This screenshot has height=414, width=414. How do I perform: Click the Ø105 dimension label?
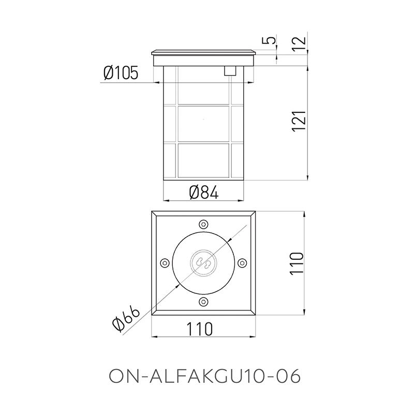coord(121,74)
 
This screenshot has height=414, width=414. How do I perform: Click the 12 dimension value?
coord(300,42)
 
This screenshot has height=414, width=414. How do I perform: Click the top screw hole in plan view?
coord(203,225)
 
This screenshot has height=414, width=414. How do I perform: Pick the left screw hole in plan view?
coord(165,263)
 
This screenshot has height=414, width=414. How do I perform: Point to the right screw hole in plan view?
coord(241,263)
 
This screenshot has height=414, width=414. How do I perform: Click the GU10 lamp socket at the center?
coord(203,263)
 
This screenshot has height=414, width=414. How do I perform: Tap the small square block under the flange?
coord(229,71)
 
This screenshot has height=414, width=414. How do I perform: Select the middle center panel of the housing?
coord(203,123)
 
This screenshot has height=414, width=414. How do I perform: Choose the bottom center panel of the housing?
coord(203,160)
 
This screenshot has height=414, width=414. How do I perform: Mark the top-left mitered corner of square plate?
coord(154,214)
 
